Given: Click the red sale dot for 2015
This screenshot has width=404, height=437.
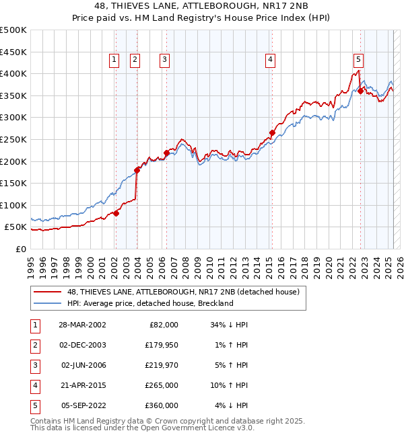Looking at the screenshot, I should [x=272, y=132].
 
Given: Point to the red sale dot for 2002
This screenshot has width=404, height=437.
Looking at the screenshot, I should [x=116, y=213].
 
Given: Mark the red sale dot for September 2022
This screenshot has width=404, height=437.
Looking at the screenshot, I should [x=360, y=91].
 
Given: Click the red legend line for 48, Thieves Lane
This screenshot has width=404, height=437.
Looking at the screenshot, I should [x=47, y=292].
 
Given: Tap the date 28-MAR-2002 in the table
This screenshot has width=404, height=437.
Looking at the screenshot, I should [x=81, y=325].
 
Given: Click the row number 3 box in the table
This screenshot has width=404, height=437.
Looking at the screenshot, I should [x=34, y=365].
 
